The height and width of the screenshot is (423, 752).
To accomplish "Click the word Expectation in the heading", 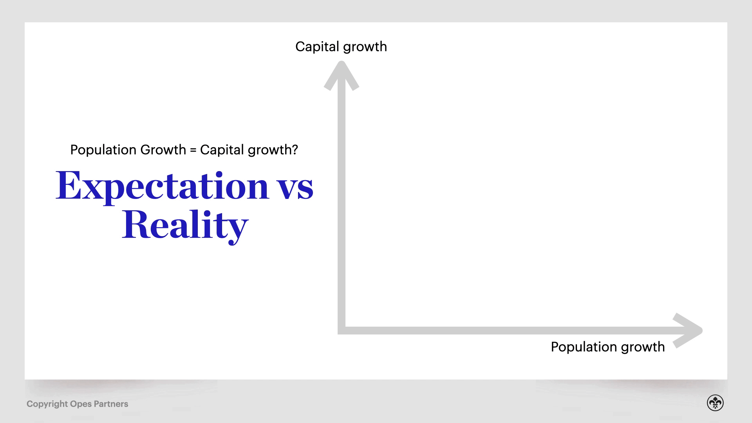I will [162, 186].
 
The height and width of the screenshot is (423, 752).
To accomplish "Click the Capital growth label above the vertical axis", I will [341, 47].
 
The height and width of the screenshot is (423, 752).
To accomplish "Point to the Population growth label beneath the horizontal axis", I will [607, 347].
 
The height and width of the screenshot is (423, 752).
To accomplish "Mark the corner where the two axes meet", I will [342, 331].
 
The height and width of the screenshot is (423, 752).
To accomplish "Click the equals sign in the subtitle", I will [193, 150].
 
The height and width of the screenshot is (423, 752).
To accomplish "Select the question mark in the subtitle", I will [295, 150].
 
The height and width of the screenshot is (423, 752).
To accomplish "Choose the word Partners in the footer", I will [111, 404].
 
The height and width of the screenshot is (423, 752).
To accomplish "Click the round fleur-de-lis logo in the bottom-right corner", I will [715, 403].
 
